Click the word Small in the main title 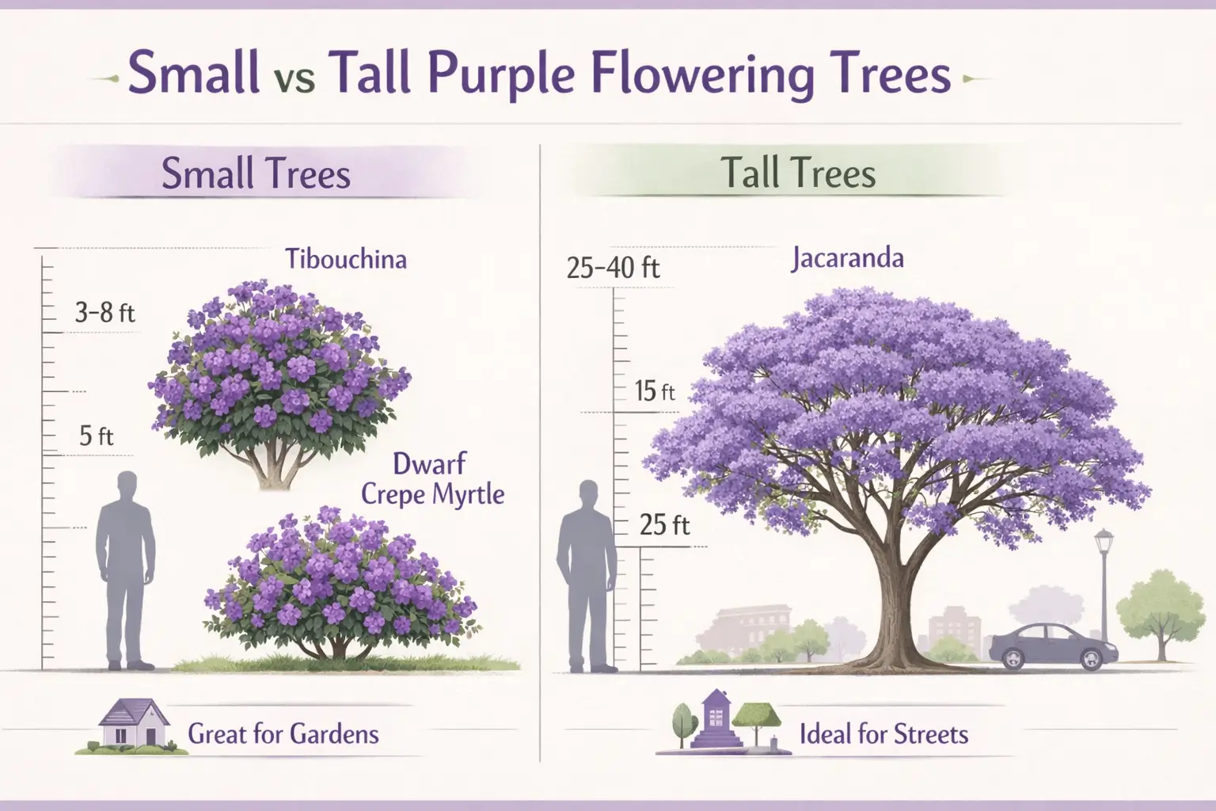193,74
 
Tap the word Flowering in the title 664,76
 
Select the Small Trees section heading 256,174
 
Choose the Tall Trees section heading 798,174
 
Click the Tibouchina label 346,259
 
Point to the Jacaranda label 847,259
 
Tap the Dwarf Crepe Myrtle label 432,479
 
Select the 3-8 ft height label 105,313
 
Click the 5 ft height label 97,436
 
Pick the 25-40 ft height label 614,268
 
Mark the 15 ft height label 655,391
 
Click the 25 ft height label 665,524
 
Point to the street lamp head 1104,543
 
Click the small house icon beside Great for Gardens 129,724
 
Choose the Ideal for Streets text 883,734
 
